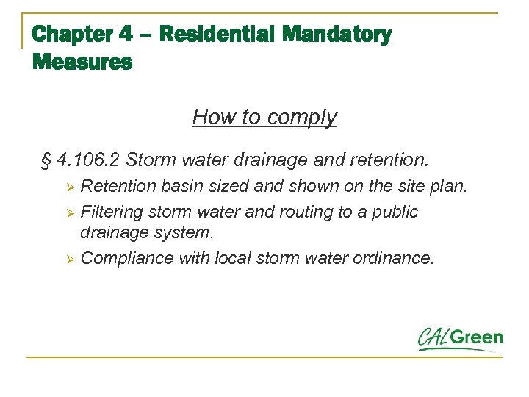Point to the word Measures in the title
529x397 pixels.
(x=82, y=62)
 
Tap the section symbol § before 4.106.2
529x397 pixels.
(x=45, y=159)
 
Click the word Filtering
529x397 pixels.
(x=112, y=212)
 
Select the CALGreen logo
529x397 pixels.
(x=460, y=339)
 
